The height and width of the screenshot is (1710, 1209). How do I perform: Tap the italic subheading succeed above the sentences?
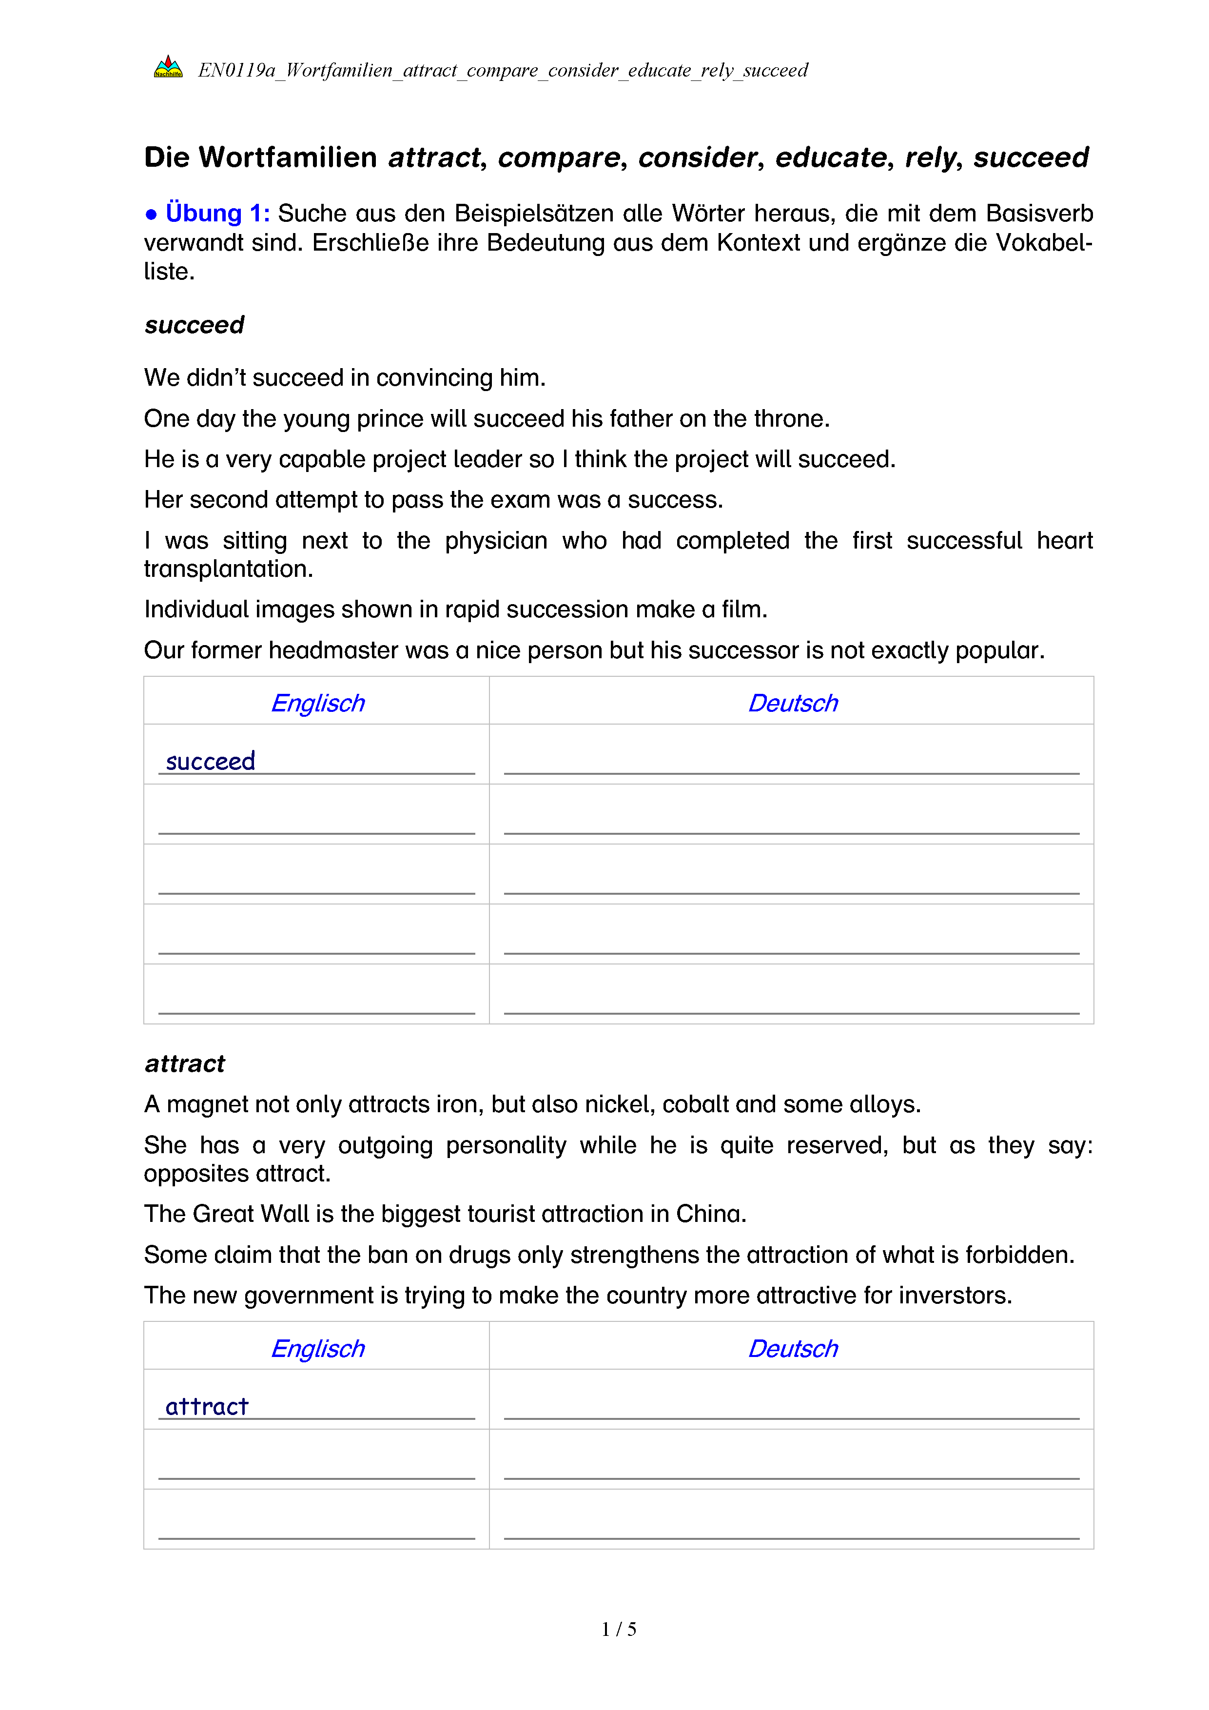coord(195,325)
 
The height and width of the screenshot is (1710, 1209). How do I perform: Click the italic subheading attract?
coord(185,1063)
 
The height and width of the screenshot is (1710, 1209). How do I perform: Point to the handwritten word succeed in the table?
coord(210,761)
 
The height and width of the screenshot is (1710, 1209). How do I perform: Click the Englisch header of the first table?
coord(317,703)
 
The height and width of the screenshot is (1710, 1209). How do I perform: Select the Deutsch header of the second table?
coord(792,1348)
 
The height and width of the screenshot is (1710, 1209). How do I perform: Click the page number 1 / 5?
coord(619,1629)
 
